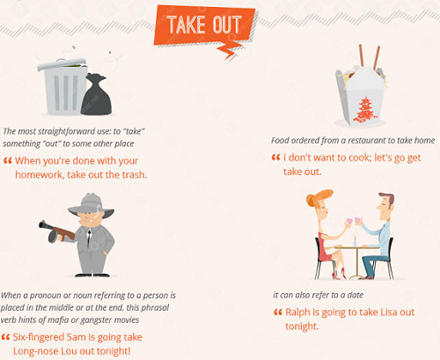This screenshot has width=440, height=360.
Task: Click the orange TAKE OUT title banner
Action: (204, 26)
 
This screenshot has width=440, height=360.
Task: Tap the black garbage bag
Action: (96, 95)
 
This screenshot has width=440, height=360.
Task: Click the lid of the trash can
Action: (62, 64)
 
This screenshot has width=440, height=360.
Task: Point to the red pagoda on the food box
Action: (365, 110)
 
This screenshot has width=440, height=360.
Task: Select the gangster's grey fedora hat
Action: (91, 205)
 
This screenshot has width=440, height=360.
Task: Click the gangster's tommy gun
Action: (57, 231)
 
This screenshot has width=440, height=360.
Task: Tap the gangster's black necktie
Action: (89, 237)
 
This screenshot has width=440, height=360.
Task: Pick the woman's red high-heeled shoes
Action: (339, 274)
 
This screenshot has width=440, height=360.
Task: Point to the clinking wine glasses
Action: (354, 222)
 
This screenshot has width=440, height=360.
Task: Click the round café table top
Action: (356, 247)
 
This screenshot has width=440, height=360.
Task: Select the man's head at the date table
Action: (385, 203)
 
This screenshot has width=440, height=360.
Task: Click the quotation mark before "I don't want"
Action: (275, 158)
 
